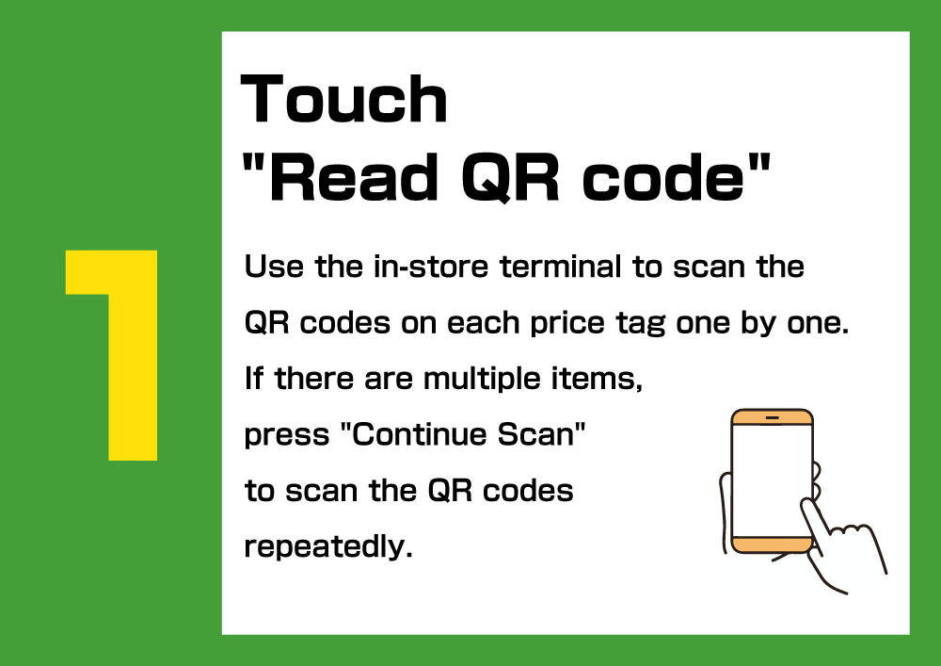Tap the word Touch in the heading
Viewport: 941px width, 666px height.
click(343, 100)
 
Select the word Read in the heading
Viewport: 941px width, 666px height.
click(354, 177)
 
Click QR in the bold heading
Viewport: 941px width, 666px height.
click(510, 177)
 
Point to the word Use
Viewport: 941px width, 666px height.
click(274, 267)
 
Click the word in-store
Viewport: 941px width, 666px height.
click(431, 267)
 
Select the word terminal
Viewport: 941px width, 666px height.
click(561, 267)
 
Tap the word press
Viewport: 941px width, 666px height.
click(287, 436)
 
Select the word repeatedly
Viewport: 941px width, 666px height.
click(328, 547)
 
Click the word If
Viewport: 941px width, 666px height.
click(253, 379)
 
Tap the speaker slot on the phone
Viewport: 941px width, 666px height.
click(773, 417)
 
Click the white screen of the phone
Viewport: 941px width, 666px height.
click(772, 480)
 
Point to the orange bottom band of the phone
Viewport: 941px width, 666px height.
click(772, 544)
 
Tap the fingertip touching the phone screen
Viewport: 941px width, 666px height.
click(807, 505)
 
